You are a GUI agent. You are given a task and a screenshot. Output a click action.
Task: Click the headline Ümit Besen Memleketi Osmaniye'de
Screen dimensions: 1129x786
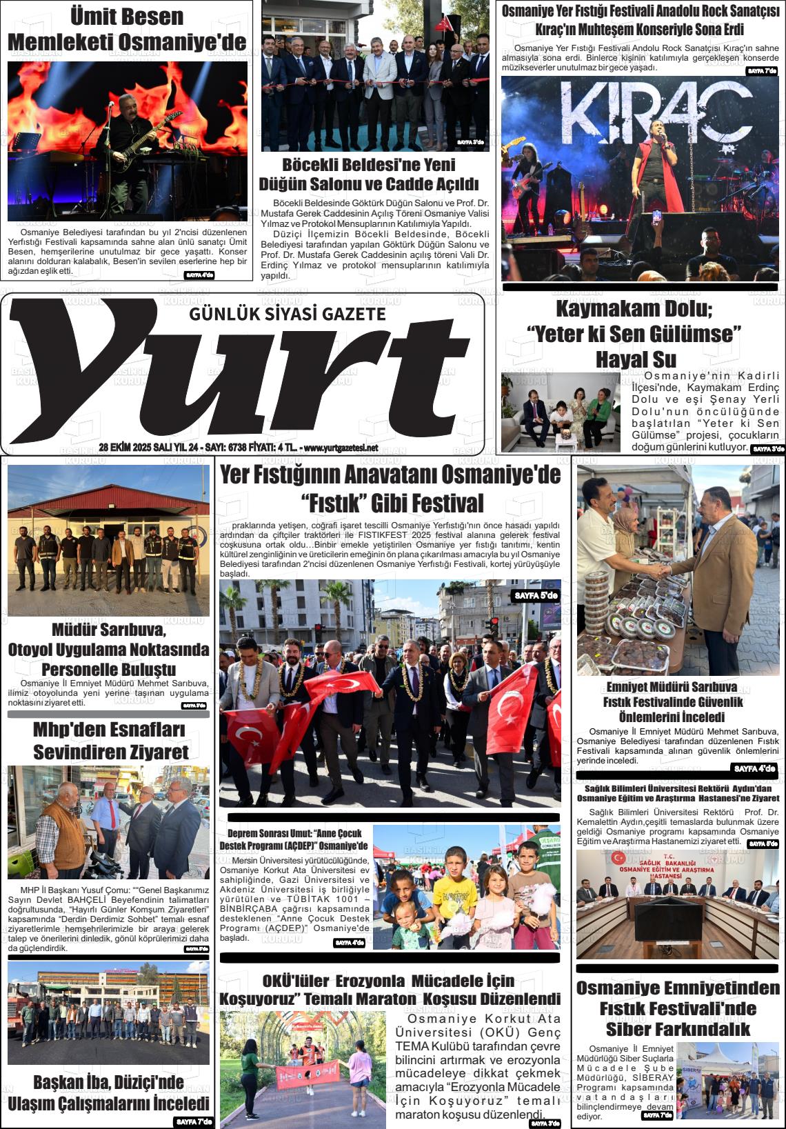point(127,29)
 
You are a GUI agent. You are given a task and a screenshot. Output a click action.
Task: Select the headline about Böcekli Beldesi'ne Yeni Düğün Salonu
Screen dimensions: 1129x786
point(368,174)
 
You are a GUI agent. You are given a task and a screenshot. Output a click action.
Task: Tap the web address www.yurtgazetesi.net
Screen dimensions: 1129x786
point(341,448)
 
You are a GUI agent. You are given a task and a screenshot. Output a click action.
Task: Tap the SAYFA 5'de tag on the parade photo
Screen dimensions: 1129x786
point(536,595)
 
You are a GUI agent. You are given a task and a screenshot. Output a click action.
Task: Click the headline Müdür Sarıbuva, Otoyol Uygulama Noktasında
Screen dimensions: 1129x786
point(108,649)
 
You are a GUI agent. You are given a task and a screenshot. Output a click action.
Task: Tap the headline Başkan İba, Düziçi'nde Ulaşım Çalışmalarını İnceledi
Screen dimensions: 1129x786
point(108,1092)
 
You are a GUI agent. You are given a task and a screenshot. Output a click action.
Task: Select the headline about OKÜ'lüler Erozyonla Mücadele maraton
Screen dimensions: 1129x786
point(390,990)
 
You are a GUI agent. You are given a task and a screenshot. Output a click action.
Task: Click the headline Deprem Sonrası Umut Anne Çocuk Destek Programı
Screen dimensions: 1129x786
point(294,839)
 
